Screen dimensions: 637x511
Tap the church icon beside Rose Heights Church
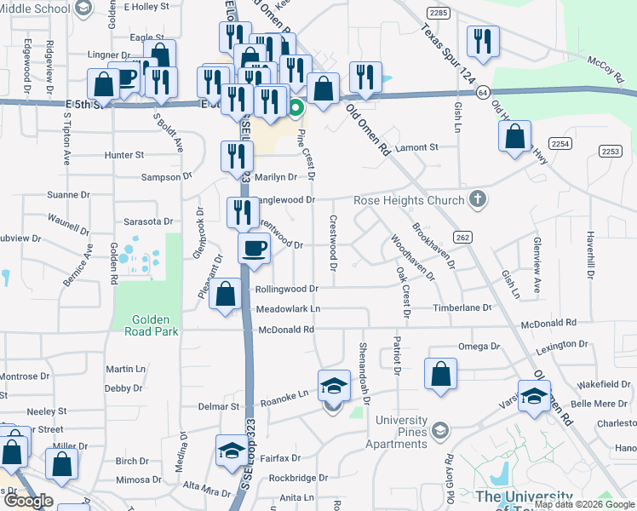[x=479, y=200]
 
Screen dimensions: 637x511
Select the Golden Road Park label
[x=155, y=325]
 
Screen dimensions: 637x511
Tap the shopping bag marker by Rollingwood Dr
[x=226, y=295]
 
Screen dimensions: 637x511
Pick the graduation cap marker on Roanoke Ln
[x=335, y=386]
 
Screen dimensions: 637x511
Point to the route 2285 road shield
[x=439, y=14]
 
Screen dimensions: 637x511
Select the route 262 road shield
[x=462, y=236]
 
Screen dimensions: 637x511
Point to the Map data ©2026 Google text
[x=585, y=504]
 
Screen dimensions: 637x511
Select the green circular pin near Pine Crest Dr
[x=296, y=108]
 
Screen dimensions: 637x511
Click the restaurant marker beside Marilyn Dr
[x=237, y=156]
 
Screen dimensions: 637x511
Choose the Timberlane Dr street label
[x=462, y=307]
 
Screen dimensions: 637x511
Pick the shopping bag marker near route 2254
[x=515, y=136]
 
